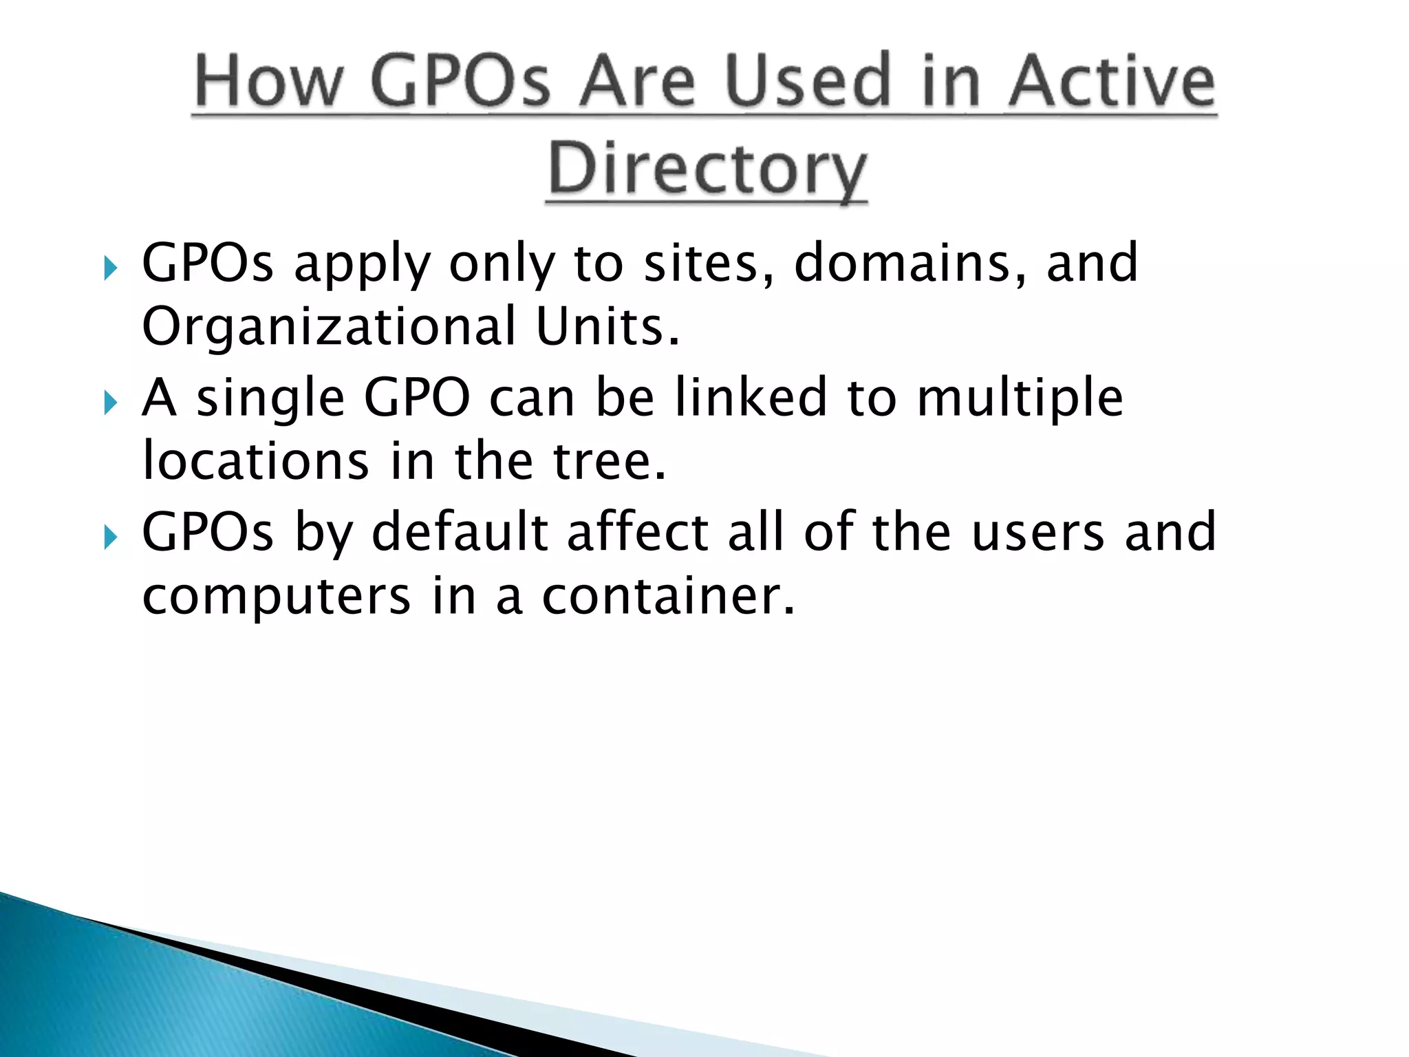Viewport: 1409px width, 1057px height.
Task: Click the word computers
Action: point(276,597)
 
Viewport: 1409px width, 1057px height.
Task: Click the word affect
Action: point(638,532)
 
